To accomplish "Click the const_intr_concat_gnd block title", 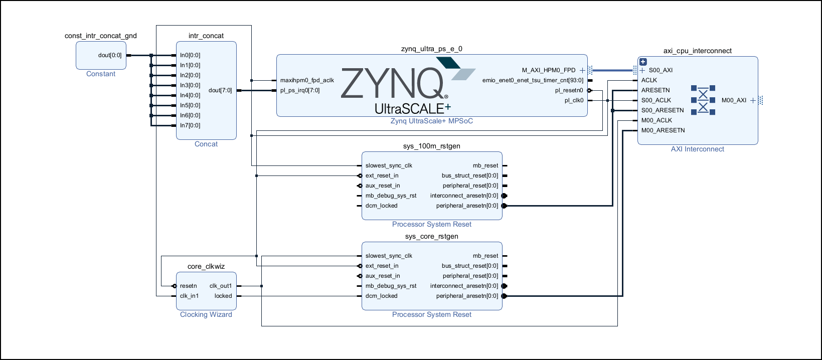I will pos(101,36).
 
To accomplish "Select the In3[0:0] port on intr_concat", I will pos(190,85).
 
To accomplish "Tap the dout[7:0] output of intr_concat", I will pos(220,90).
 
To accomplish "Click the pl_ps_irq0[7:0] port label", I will pos(300,90).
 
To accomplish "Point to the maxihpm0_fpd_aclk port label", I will pos(307,80).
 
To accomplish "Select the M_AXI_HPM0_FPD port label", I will pos(549,70).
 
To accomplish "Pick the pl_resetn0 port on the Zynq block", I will pos(569,90).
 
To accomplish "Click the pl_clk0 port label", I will pos(574,100).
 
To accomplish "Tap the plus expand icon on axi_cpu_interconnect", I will pos(643,62).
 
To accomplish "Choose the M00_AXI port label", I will pos(734,100).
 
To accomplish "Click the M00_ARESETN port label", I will pos(663,130).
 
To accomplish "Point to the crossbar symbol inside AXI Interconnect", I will pos(703,100).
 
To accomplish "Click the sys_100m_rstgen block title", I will pos(432,146).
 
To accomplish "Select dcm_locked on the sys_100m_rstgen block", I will pos(381,206).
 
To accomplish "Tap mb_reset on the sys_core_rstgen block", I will pos(485,256).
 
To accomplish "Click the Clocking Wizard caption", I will pos(206,314).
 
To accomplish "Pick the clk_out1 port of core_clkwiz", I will pos(221,286).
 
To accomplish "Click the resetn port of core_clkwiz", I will pos(189,286).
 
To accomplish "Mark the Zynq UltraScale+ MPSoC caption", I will pos(432,121).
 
